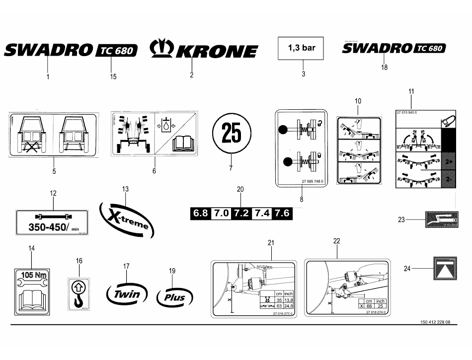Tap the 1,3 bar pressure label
click(x=302, y=49)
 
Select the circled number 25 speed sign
click(x=232, y=134)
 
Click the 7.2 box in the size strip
click(x=241, y=214)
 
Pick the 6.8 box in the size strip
click(x=201, y=214)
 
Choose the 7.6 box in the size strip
click(x=281, y=214)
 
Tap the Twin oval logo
click(x=127, y=294)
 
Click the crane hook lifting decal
click(x=79, y=294)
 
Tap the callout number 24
click(x=407, y=269)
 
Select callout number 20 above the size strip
click(x=240, y=189)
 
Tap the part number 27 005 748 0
click(x=312, y=182)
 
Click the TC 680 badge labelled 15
click(x=116, y=51)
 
